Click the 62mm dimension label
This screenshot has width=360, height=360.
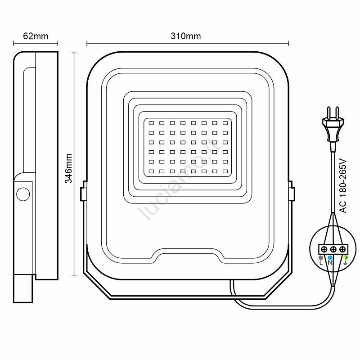coord(36,36)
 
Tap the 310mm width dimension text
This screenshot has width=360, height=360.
coord(186,36)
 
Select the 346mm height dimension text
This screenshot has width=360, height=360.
coord(68,168)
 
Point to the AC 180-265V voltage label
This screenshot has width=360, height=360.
coord(343,186)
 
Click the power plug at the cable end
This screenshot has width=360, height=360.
coord(333,129)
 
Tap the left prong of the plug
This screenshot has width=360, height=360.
coord(329,112)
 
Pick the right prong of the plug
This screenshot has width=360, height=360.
coord(337,112)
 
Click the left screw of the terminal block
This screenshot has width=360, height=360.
coord(324,249)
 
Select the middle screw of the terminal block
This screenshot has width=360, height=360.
coord(333,249)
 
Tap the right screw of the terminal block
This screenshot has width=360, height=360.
coord(342,249)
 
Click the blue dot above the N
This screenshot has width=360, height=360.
coord(330,257)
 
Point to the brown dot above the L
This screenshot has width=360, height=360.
coord(321,257)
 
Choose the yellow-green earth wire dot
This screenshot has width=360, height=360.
coord(345,257)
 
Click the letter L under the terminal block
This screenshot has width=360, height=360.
coord(321,263)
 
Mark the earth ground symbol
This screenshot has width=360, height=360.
coord(345,263)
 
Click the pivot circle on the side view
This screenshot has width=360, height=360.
coord(23,194)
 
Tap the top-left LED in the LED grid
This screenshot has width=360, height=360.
coord(151,123)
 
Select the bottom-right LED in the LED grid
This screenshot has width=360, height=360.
coord(225,171)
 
